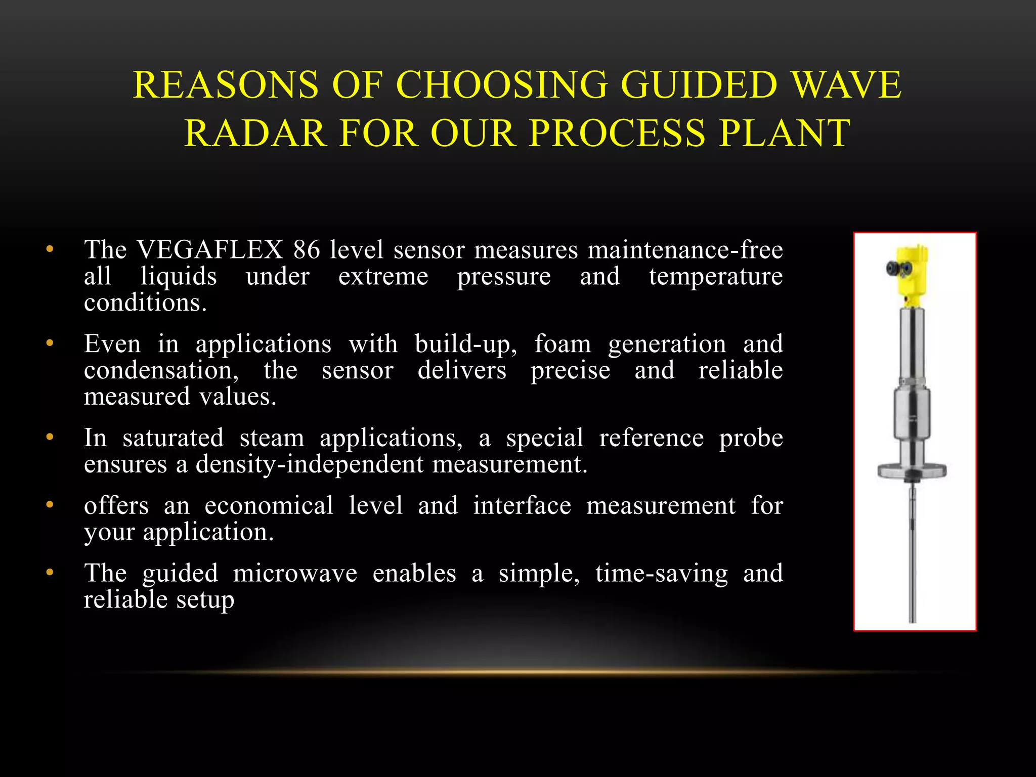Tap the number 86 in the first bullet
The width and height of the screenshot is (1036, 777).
click(x=307, y=250)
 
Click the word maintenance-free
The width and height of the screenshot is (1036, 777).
click(x=685, y=250)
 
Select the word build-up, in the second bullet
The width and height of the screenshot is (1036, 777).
click(x=466, y=344)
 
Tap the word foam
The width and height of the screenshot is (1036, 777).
click(x=563, y=344)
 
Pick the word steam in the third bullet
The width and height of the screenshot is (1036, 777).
click(x=272, y=438)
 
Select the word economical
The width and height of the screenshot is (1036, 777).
click(x=269, y=506)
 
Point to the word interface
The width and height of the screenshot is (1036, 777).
click(x=522, y=506)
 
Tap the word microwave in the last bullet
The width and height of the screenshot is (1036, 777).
click(x=295, y=574)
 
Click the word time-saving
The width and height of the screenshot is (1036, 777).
click(x=661, y=574)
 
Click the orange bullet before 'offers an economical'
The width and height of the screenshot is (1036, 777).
click(x=49, y=505)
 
